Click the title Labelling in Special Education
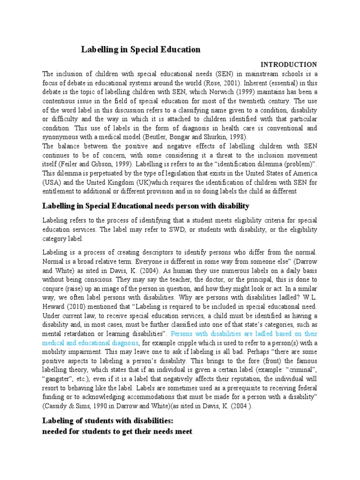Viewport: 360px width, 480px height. [141, 49]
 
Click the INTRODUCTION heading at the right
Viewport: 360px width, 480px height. [289, 64]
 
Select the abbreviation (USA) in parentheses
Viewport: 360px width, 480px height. [52, 181]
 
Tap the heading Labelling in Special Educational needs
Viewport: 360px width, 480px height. [146, 206]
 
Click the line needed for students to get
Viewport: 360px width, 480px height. [117, 431]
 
